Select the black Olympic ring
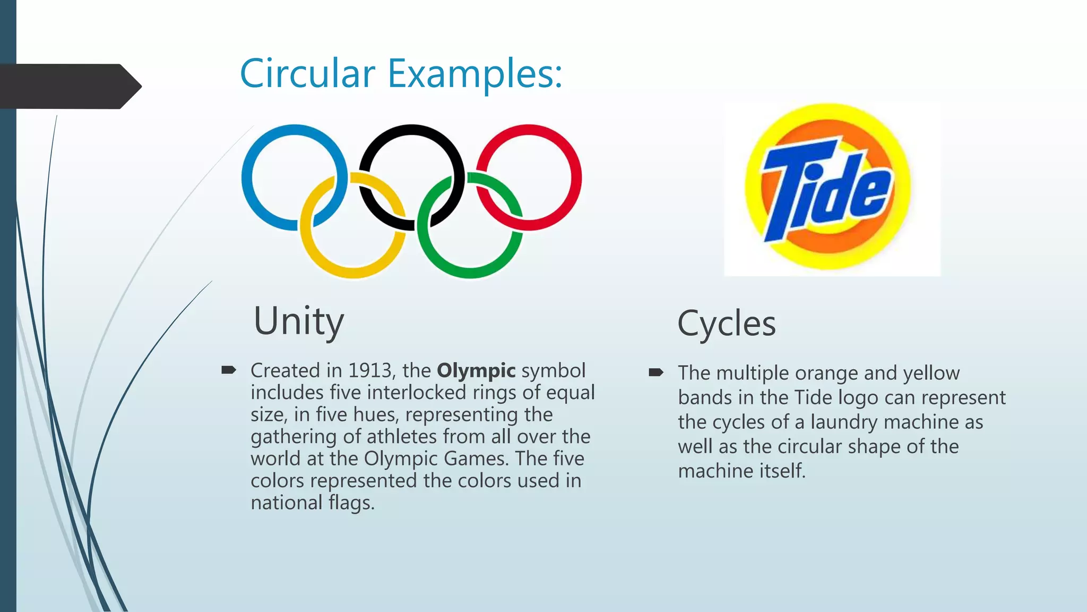point(411,129)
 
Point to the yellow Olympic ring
point(353,272)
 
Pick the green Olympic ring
point(470,272)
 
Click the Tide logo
point(828,187)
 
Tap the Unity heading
point(299,321)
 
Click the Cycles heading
point(726,324)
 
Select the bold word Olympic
point(476,370)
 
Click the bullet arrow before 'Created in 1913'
point(229,370)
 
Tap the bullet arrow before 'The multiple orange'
point(656,372)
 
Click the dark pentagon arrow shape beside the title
point(69,86)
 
